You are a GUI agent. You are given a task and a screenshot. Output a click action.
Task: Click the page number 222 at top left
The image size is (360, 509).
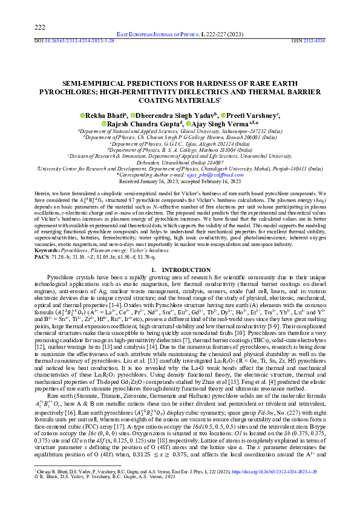click(x=40, y=27)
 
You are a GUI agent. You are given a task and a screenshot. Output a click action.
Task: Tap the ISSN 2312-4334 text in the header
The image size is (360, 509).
click(x=309, y=41)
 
